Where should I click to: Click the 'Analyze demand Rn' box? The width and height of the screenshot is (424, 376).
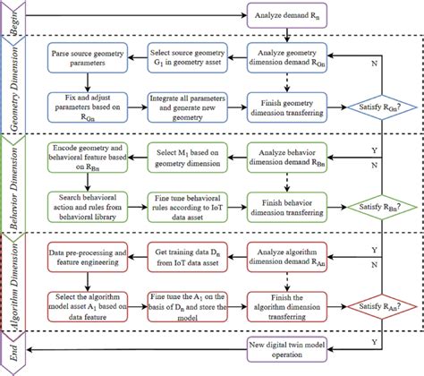tap(285, 17)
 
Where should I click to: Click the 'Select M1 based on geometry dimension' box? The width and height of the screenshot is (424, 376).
tap(184, 160)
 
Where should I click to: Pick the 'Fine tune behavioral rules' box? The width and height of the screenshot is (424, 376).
tap(184, 206)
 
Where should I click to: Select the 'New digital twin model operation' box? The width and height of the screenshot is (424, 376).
tap(285, 346)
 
